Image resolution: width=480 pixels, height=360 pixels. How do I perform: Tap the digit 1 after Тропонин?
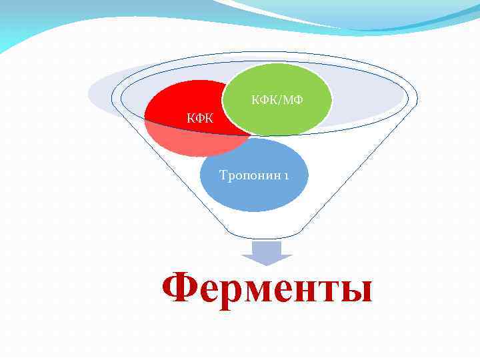pos(285,176)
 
